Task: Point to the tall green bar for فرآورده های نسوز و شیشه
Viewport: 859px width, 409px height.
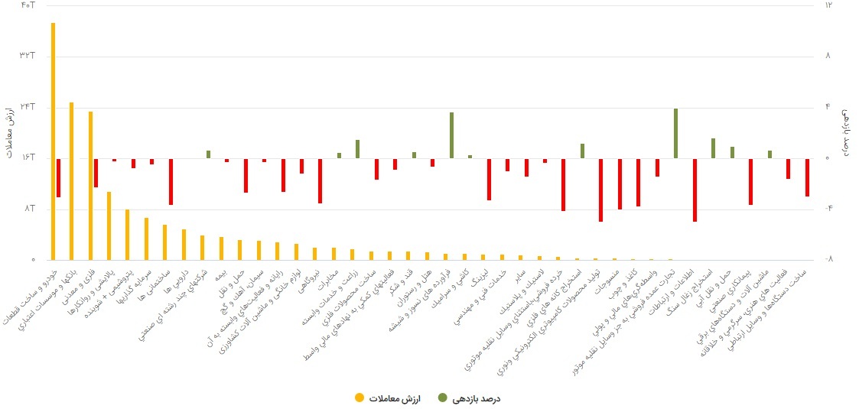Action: (x=451, y=135)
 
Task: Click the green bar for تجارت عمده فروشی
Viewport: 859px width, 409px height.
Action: (x=675, y=134)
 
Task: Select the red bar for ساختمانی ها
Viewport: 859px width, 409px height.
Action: (x=171, y=181)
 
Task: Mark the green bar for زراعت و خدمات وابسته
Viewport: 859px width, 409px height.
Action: (x=357, y=149)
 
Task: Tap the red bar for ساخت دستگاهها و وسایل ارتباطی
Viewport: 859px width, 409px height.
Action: (x=807, y=177)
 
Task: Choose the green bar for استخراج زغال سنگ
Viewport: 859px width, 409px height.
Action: (x=713, y=148)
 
